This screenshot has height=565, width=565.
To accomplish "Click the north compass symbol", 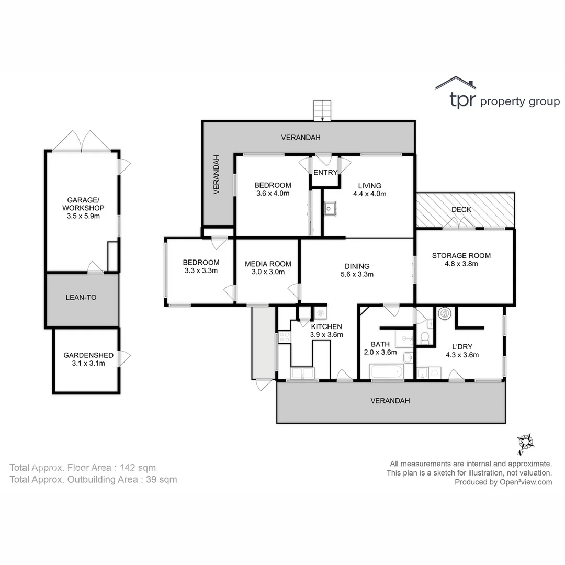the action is tap(525, 443).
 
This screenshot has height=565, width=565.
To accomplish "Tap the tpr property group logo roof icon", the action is tap(456, 83).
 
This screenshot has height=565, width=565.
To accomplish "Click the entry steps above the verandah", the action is tap(322, 110).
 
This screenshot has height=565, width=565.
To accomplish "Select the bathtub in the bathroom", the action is tap(386, 371).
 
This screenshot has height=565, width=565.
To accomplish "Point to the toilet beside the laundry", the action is tap(425, 338).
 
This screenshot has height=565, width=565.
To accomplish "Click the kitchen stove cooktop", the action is tap(284, 337).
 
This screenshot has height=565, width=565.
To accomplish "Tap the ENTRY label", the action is tap(325, 173).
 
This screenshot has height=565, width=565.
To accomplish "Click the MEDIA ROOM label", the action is tap(268, 264).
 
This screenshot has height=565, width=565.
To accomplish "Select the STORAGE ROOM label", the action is tap(461, 255).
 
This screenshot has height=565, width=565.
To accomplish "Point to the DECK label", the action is tap(461, 209).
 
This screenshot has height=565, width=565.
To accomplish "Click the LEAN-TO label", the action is tap(81, 297).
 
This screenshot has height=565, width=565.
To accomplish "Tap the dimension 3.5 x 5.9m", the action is tap(83, 216).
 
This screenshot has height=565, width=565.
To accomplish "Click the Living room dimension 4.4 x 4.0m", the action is tap(370, 194).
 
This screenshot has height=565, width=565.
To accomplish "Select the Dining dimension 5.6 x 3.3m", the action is tap(357, 274).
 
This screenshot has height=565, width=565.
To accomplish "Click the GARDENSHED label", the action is tap(88, 355).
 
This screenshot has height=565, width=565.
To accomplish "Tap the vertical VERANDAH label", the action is tap(216, 174).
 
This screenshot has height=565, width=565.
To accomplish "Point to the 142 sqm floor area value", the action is tap(138, 468).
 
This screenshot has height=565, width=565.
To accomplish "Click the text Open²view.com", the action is tap(526, 482).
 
